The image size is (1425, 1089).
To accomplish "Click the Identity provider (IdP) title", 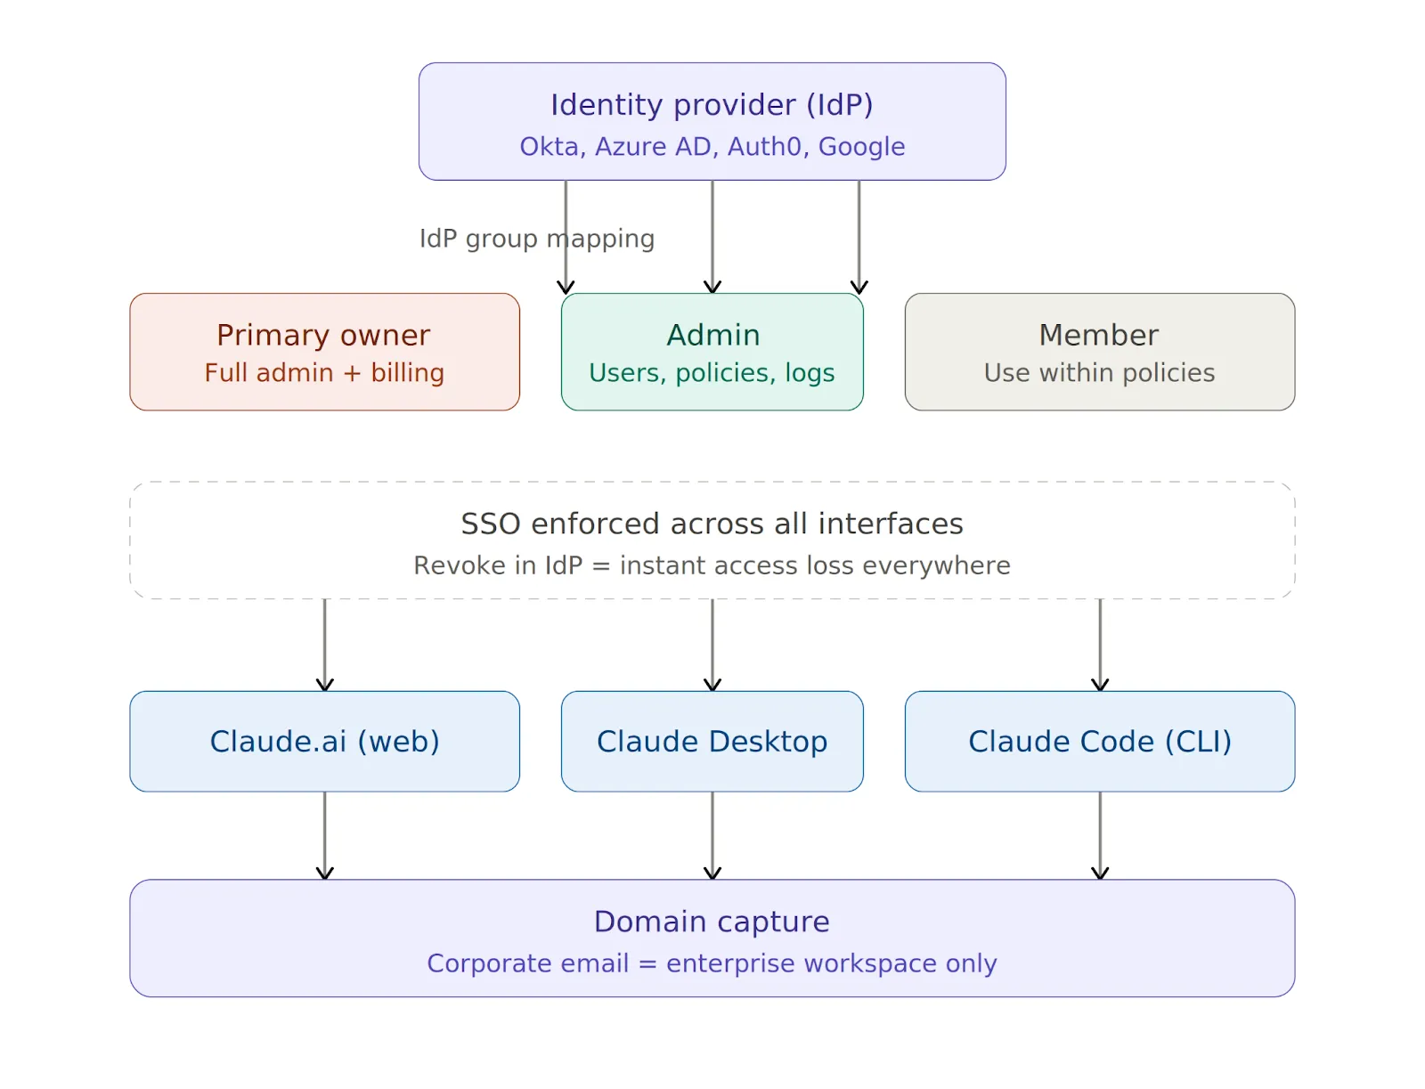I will pyautogui.click(x=712, y=105).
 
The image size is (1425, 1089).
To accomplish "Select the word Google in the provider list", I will pyautogui.click(x=861, y=147).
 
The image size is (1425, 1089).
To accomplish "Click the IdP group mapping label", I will pyautogui.click(x=536, y=239).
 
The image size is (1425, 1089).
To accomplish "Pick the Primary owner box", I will pyautogui.click(x=324, y=352).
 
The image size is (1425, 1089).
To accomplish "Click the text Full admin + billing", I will pyautogui.click(x=324, y=373).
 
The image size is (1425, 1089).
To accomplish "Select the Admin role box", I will pyautogui.click(x=712, y=352).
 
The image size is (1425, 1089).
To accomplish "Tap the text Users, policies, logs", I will pyautogui.click(x=712, y=373).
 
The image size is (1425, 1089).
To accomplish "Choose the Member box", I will pyautogui.click(x=1099, y=352).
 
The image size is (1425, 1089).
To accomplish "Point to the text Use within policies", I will pyautogui.click(x=1099, y=373).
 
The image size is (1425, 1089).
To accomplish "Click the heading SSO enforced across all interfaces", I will pyautogui.click(x=712, y=524).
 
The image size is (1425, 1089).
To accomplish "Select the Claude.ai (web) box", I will pyautogui.click(x=324, y=741).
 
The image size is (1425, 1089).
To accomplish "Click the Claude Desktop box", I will pyautogui.click(x=712, y=741).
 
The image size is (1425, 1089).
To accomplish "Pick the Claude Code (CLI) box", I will pyautogui.click(x=1099, y=741).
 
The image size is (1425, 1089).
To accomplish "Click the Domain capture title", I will pyautogui.click(x=712, y=922).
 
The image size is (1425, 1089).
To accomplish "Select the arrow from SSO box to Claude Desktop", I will pyautogui.click(x=712, y=645).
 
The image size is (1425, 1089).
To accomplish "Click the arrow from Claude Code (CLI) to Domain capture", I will pyautogui.click(x=1100, y=835).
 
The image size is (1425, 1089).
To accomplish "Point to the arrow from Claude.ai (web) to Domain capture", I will pyautogui.click(x=325, y=835).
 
